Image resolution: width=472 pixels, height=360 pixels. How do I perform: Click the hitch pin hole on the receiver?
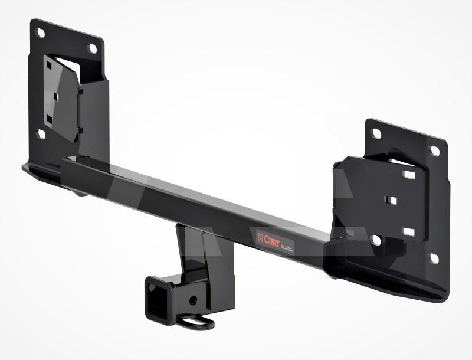point(193,300)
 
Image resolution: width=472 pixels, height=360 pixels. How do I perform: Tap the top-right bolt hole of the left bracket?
point(92,49)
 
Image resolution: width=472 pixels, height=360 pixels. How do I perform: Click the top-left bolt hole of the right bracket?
point(377,134)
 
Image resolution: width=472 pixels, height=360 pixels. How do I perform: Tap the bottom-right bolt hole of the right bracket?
point(434,258)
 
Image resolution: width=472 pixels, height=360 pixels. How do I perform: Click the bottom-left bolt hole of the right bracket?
point(375,240)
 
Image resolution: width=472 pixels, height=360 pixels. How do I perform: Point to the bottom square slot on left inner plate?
point(50,120)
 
